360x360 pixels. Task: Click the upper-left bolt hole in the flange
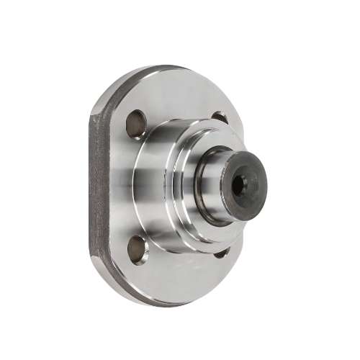pos(136,124)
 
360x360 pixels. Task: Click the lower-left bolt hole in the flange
pos(138,249)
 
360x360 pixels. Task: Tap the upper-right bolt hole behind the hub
pos(220,117)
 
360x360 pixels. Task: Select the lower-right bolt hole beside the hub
pos(222,252)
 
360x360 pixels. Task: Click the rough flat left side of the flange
pos(99,187)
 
